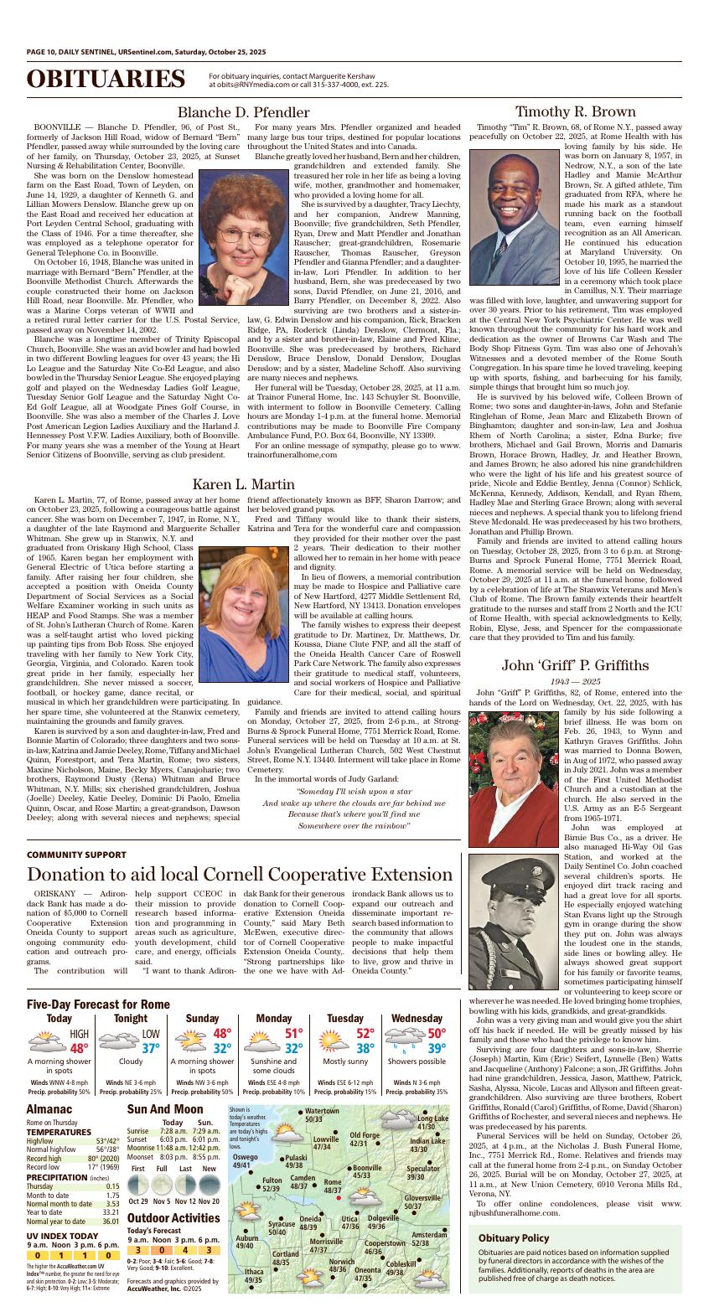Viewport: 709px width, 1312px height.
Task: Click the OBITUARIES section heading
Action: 106,80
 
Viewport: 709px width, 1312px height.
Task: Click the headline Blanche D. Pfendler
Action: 243,112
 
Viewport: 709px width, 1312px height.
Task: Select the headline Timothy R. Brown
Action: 575,112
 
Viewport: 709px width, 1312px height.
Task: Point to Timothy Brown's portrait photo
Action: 514,217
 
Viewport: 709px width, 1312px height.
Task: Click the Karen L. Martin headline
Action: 243,484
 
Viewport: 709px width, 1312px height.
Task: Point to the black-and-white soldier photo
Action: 514,911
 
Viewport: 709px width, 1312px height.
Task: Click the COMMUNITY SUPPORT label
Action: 76,855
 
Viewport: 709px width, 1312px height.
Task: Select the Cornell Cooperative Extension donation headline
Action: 228,876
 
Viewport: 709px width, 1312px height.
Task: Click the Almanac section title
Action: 50,1108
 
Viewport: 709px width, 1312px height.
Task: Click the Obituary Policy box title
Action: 514,1238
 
